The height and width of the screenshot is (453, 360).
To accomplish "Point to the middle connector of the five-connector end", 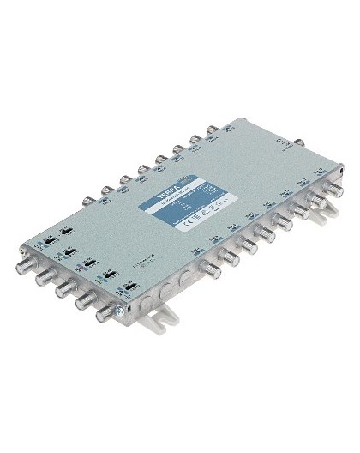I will [63, 287].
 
